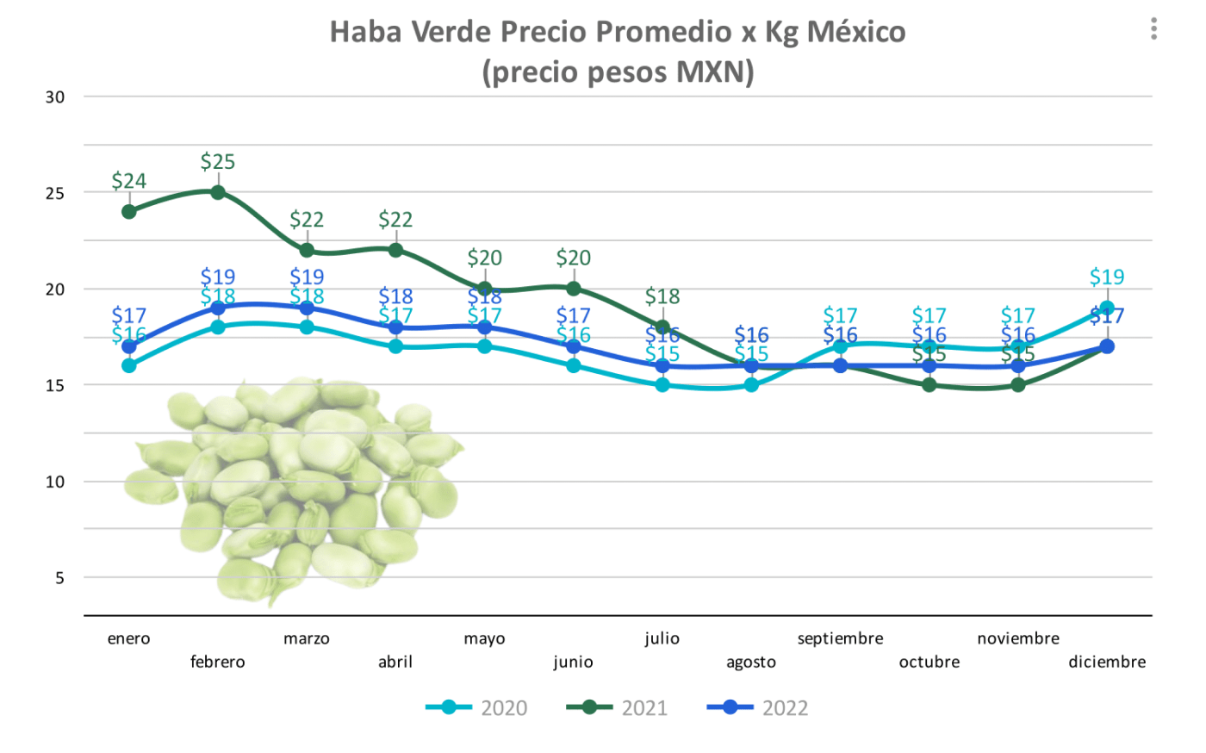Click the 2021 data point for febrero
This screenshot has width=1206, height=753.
[x=218, y=192]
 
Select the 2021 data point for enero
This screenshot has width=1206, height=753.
[x=129, y=211]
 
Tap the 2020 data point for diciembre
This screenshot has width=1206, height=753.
[x=1107, y=308]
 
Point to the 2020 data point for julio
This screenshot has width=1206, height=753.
[x=662, y=385]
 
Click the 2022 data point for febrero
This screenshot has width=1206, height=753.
[x=218, y=308]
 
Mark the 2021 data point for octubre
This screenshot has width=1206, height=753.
[x=929, y=385]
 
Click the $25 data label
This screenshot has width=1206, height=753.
[x=218, y=162]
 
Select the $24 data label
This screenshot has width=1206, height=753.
[x=129, y=181]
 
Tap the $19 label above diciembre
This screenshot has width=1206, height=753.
[x=1107, y=277]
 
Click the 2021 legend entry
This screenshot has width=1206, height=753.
[x=617, y=708]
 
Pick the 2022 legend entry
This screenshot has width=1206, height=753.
[x=758, y=708]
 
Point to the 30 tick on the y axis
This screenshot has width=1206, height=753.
[x=55, y=97]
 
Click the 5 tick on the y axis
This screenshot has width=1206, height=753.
[x=59, y=578]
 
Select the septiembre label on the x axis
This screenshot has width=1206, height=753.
[x=840, y=638]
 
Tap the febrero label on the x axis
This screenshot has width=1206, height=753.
[x=218, y=662]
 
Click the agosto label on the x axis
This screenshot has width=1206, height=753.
[x=751, y=662]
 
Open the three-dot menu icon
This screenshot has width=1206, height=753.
[x=1153, y=29]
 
